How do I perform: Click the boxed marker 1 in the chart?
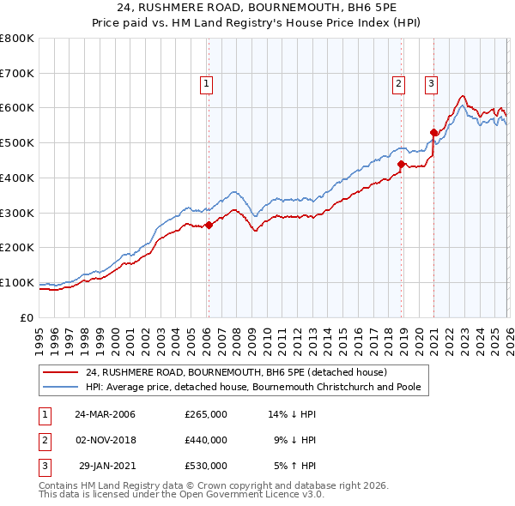208,83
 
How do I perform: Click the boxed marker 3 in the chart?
430,83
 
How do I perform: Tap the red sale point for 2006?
209,225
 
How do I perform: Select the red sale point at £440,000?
401,163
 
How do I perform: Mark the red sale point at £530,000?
434,132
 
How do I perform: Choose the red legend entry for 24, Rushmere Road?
237,372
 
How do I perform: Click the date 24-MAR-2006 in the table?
105,414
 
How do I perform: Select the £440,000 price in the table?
206,440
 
